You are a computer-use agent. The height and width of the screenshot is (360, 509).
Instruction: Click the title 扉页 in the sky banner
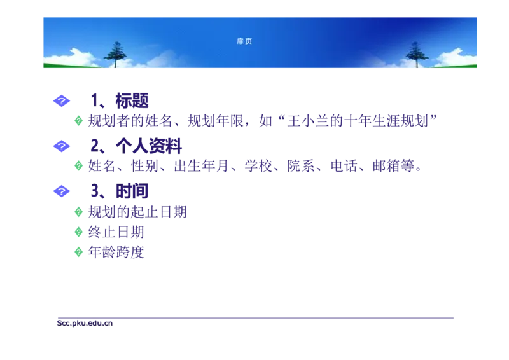(244, 41)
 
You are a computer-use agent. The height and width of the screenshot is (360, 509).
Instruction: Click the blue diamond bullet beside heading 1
(61, 100)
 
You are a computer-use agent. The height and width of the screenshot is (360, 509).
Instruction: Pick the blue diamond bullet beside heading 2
(61, 146)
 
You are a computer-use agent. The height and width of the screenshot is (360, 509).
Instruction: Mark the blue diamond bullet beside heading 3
(61, 190)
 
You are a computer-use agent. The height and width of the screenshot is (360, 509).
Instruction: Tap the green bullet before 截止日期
(79, 232)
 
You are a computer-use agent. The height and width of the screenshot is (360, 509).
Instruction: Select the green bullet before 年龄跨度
(79, 252)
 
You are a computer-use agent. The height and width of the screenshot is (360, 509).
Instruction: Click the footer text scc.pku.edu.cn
(84, 322)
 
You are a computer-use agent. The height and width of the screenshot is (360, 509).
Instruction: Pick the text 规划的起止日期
(138, 211)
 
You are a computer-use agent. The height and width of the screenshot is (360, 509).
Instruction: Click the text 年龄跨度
(118, 252)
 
